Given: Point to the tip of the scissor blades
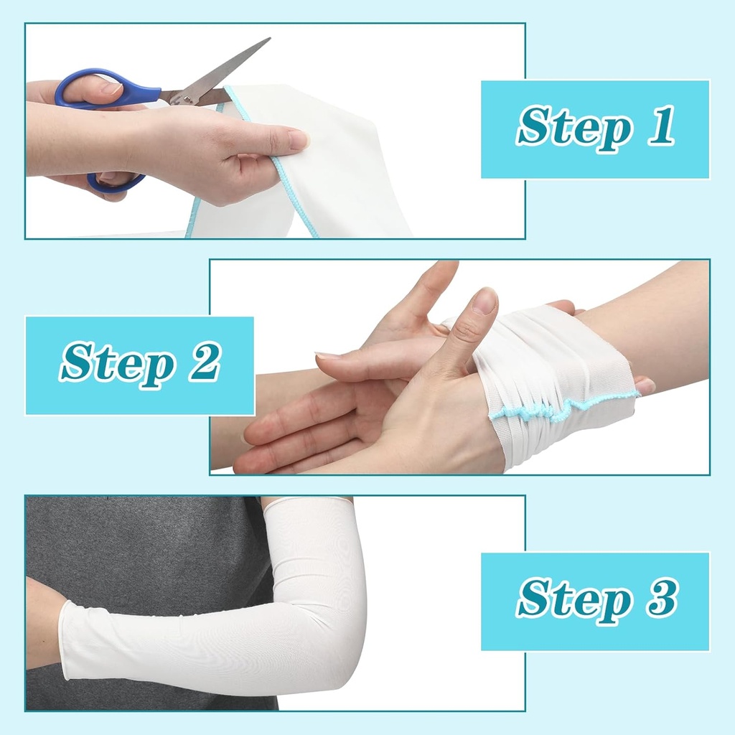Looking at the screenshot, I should pyautogui.click(x=268, y=39).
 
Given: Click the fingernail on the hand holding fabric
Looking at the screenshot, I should pyautogui.click(x=298, y=139).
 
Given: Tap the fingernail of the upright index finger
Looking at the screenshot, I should pyautogui.click(x=485, y=301).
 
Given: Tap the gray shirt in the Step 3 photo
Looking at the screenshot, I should pyautogui.click(x=144, y=546).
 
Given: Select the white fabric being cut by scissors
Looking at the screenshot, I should pyautogui.click(x=345, y=172).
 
